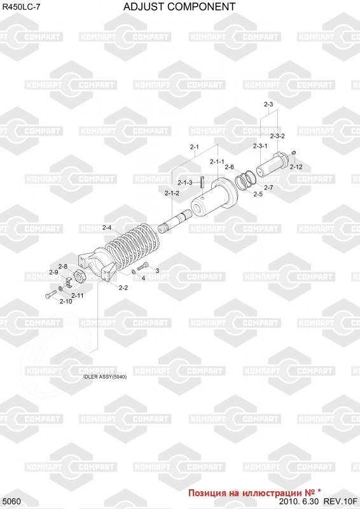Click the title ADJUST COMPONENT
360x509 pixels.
tap(179, 6)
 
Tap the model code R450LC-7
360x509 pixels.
tap(22, 7)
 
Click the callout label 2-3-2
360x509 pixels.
tap(277, 136)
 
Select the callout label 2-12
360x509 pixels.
tap(296, 167)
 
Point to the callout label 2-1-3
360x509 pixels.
tap(184, 183)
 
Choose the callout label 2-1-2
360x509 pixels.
tap(172, 193)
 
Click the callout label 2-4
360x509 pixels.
tap(107, 228)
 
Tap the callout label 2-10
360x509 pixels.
tap(66, 301)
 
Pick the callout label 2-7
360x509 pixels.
tap(268, 187)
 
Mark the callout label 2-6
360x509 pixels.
tap(229, 167)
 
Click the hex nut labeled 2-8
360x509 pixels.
tap(80, 276)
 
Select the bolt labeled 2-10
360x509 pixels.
tap(50, 294)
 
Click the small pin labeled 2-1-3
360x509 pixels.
tap(202, 182)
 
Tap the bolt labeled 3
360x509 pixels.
tap(143, 267)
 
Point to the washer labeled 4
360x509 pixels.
tap(134, 272)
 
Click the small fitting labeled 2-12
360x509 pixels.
tap(293, 152)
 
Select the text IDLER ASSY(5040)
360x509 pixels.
tap(105, 377)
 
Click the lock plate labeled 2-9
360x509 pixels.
tap(68, 282)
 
